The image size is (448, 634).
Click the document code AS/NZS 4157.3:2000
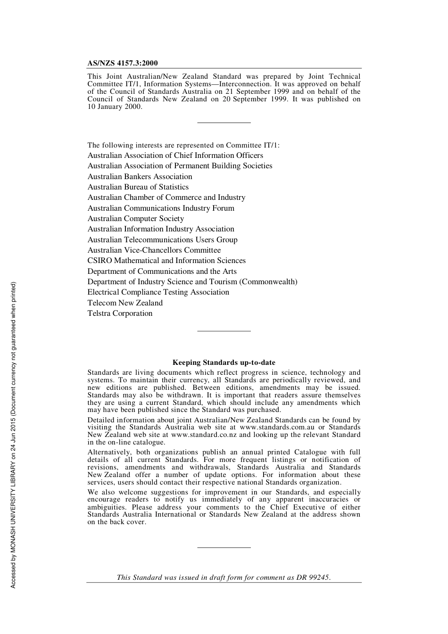123,63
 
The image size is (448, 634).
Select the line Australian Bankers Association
140,176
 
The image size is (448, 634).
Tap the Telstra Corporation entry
120,313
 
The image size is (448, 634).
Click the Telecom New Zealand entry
125,303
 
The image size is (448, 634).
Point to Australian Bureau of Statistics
138,187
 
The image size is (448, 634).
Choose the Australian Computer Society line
135,219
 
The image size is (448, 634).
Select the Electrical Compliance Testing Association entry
158,292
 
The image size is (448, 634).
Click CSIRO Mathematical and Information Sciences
166,261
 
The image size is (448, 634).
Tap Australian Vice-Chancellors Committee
154,250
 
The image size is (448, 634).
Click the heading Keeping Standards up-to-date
224,362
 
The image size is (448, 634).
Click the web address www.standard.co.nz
204,435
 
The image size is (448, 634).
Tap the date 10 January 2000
114,107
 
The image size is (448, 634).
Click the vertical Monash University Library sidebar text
13,435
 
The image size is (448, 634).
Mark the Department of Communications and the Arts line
162,272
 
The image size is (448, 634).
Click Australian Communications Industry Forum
160,208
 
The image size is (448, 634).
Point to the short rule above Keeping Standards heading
224,331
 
